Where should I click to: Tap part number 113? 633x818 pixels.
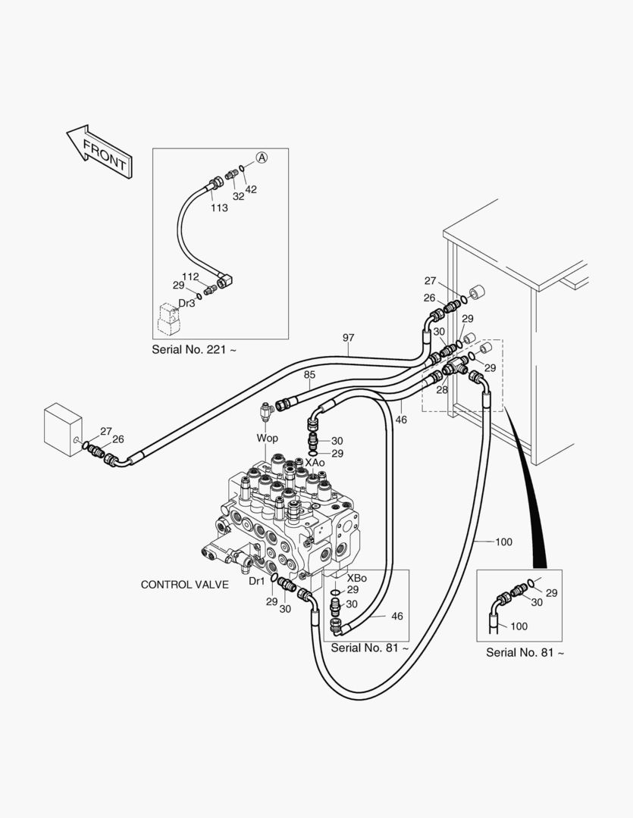click(x=219, y=208)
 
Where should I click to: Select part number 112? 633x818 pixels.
click(x=190, y=276)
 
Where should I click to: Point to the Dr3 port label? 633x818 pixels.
click(x=186, y=303)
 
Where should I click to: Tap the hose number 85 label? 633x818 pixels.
click(x=309, y=374)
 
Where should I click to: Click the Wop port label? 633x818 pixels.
click(x=267, y=439)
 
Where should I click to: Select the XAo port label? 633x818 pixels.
click(x=315, y=462)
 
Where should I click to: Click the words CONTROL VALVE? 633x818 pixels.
click(x=185, y=585)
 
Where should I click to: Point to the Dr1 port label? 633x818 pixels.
click(x=257, y=581)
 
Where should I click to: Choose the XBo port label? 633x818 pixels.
click(x=356, y=578)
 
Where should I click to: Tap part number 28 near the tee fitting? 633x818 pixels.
click(x=441, y=389)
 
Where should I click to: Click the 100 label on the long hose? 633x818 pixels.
click(x=503, y=542)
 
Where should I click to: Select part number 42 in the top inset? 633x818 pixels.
click(x=251, y=189)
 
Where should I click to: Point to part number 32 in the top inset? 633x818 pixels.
click(x=238, y=195)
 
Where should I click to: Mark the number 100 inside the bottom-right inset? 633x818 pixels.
click(x=519, y=626)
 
